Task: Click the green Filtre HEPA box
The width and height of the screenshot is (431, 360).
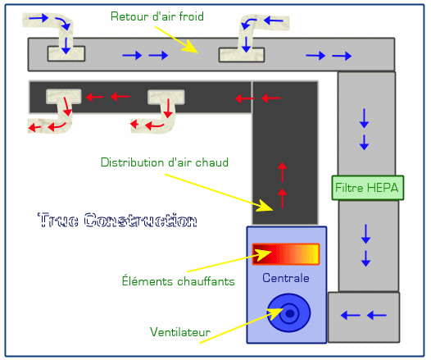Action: pos(368,188)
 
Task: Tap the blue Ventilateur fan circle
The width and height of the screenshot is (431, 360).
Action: pos(289,312)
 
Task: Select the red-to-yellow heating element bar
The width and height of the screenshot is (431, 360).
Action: pos(286,254)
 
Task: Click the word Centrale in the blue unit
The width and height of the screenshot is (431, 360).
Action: pos(286,278)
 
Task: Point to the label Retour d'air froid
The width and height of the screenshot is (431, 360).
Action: pos(157,16)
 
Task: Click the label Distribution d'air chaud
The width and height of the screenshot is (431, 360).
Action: pos(165,162)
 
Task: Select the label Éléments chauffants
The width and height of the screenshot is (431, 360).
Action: pos(178,280)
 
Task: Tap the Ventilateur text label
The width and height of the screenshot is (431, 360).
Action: pos(180,332)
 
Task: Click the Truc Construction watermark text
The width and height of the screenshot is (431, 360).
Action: pos(117,220)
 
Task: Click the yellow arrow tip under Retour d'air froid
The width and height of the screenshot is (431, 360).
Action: pos(197,52)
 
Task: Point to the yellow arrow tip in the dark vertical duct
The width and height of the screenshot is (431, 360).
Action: pos(273,211)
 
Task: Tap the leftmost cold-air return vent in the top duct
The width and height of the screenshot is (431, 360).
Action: pos(66,53)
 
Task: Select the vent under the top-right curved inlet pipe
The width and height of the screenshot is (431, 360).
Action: pos(242,55)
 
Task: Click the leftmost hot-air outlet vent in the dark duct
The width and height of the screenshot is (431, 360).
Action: pos(63,97)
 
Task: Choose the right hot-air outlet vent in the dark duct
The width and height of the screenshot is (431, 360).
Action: pos(166,97)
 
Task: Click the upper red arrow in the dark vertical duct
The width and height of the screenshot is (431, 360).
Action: pos(282,172)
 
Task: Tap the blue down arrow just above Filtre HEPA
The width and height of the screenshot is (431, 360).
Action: pos(364,142)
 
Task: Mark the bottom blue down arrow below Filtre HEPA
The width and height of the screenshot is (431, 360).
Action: pos(365,258)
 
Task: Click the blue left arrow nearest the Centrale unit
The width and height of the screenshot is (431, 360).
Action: pos(350,315)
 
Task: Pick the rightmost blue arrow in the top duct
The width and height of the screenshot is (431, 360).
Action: pos(342,56)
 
